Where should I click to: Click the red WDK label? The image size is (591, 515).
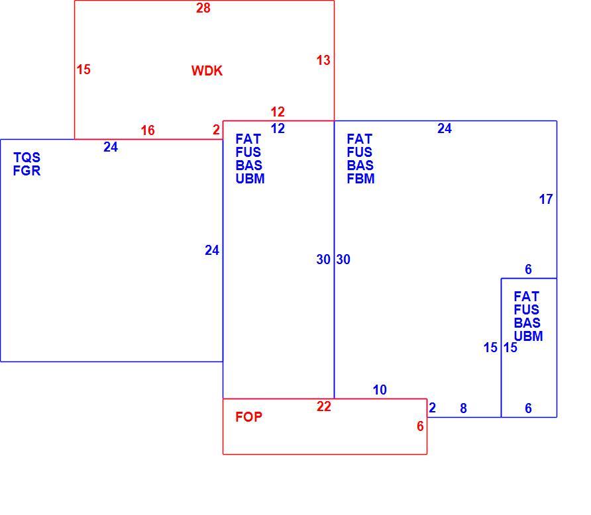pos(207,71)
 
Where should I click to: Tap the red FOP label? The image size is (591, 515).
pos(248,417)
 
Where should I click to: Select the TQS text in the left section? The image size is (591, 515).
pos(27,157)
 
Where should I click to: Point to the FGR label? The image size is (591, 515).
pos(27,171)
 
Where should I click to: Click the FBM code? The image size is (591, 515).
pos(360,179)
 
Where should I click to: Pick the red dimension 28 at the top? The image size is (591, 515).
pos(203,8)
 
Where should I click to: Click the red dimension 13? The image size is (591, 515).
pos(323,60)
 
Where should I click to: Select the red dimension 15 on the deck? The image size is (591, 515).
pos(83,70)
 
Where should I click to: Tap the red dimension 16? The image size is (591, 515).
pos(148,130)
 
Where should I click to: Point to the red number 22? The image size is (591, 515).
pos(324,406)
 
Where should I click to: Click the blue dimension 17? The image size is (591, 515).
pos(546,199)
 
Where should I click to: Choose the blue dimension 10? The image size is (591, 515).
pos(380,390)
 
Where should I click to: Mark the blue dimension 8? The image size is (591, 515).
pos(464,408)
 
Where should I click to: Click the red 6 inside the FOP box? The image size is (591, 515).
pos(420,426)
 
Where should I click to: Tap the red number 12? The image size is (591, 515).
pos(278,112)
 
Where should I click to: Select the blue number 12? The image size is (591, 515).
pos(278,128)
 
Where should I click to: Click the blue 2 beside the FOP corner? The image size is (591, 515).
pos(433,407)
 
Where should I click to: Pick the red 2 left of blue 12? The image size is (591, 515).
pos(216,130)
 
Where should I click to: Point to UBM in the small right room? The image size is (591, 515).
pos(529,336)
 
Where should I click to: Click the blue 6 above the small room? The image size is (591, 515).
pos(529,269)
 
